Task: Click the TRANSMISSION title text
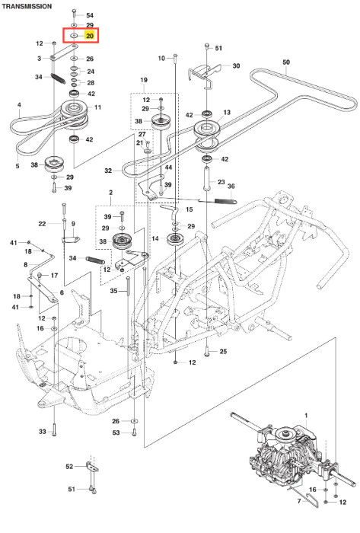coord(27,6)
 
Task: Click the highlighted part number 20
coord(89,36)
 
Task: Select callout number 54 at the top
coord(90,15)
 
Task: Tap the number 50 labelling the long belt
coord(286,62)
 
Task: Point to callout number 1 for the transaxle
coord(306,416)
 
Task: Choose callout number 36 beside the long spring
coord(231,186)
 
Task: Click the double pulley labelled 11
coord(74,115)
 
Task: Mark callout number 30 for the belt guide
coord(236,65)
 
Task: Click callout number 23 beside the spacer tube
coord(221,182)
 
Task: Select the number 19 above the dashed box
coord(144,80)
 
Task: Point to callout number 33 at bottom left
coord(42,432)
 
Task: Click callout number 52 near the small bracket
coord(69,466)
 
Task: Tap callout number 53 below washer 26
coord(116,432)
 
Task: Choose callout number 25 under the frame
coord(223,351)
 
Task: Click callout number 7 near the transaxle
coord(299,501)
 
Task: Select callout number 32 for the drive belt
coord(108,171)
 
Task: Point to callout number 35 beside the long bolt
coord(113,291)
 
